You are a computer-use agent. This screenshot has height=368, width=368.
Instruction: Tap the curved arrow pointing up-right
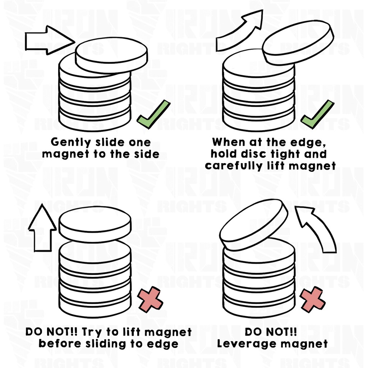241,31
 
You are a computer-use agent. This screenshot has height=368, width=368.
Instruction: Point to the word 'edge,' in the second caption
309,142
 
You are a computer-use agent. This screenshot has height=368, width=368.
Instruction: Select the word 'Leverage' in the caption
248,344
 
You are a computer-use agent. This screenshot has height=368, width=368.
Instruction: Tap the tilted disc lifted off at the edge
298,42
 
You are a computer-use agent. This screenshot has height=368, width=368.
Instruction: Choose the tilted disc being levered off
253,225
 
